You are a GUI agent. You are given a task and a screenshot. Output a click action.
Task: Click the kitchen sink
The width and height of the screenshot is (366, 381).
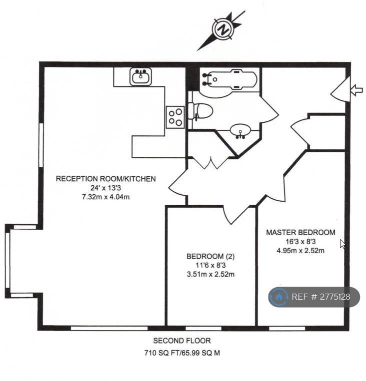coord(140,76)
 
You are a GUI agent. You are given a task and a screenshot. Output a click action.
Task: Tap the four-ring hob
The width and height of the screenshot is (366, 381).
coord(175,117)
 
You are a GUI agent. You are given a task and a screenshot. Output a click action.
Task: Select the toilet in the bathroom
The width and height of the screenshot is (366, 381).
coord(200,111)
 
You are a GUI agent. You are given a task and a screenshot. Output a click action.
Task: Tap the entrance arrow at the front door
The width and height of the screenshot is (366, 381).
coord(357,90)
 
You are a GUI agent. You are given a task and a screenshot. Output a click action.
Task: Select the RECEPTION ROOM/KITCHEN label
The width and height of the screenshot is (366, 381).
coord(106,179)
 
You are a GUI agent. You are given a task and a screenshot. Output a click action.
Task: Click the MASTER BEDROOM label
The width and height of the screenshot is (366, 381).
coord(300,233)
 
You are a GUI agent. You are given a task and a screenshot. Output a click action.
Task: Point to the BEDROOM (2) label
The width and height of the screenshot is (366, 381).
coord(210,256)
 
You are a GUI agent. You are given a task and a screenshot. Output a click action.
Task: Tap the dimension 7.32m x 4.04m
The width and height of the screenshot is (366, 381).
coord(106,197)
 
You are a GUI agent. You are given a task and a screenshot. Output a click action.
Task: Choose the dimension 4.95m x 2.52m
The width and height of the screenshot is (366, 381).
coord(300,251)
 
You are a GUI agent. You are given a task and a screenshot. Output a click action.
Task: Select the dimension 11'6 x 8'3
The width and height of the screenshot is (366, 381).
coord(210,265)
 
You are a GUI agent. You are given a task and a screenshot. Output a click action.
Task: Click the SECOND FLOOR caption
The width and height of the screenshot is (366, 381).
coord(182,341)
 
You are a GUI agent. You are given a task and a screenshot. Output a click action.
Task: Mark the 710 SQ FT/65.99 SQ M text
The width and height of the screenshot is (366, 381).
coord(182,353)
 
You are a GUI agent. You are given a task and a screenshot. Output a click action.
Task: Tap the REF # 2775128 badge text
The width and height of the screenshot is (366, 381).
coord(320,297)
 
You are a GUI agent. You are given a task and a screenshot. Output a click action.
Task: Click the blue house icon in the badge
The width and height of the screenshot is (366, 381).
coord(279,297)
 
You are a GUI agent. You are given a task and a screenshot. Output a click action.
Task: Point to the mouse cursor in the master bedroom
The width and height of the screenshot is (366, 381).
coord(342,244)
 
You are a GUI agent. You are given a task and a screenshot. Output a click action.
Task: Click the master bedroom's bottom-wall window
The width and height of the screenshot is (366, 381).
coord(287,329)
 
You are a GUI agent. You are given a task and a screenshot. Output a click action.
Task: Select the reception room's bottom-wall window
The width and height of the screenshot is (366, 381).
coord(109,329)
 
